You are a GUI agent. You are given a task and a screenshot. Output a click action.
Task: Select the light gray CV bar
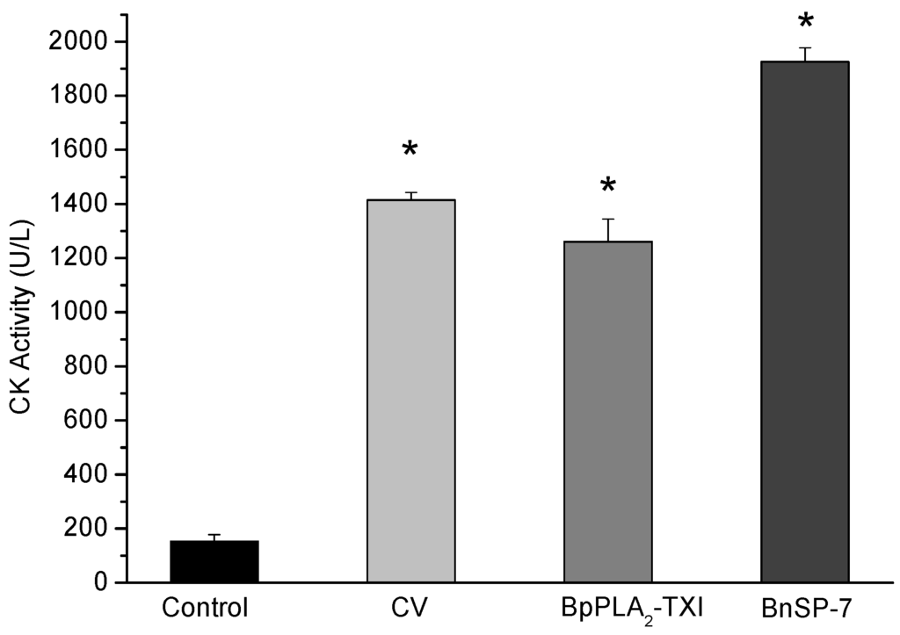pyautogui.click(x=410, y=391)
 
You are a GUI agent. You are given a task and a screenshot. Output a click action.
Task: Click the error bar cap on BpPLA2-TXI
pyautogui.click(x=608, y=220)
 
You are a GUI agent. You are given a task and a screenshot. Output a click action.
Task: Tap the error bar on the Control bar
pyautogui.click(x=214, y=536)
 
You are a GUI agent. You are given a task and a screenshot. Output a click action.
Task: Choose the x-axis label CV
pyautogui.click(x=410, y=608)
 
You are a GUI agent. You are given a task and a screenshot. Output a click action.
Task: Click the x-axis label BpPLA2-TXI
pyautogui.click(x=608, y=609)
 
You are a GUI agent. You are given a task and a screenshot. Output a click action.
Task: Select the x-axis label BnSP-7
pyautogui.click(x=805, y=608)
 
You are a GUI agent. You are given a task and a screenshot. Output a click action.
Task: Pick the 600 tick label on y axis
pyautogui.click(x=89, y=421)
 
